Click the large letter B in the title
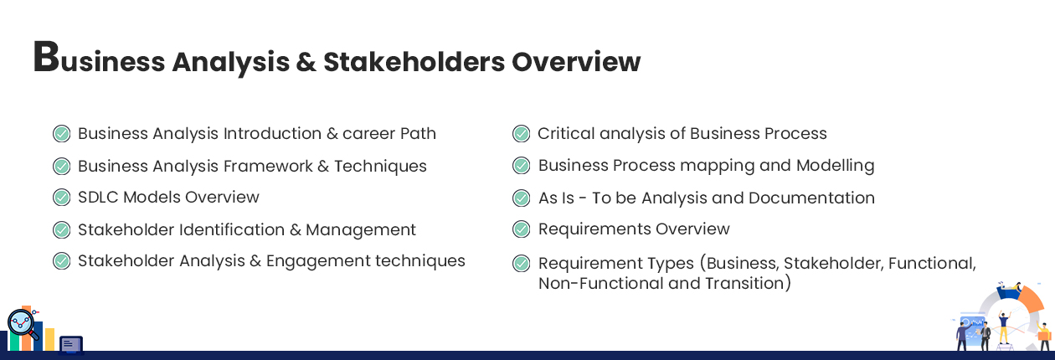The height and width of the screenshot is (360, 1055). tap(46, 57)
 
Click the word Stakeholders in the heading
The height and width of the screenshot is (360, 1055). tap(414, 62)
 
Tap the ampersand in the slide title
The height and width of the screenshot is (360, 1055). tap(306, 62)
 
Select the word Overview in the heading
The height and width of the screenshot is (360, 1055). tap(576, 62)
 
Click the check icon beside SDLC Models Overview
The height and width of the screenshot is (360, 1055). tap(61, 198)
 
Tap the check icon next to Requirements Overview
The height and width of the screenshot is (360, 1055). tap(521, 229)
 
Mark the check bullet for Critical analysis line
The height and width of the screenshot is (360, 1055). tap(521, 134)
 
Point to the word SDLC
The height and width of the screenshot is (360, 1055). tap(98, 197)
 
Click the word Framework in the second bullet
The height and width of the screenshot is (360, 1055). tap(268, 166)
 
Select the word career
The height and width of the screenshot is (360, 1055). tap(368, 134)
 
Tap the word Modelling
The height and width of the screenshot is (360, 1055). tap(835, 166)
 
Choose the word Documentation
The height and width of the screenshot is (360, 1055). tap(811, 198)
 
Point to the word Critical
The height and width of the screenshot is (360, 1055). tap(566, 133)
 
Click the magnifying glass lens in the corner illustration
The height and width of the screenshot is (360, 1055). tap(21, 323)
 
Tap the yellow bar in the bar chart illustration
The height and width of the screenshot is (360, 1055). tap(49, 339)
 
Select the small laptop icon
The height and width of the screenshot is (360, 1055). tap(71, 345)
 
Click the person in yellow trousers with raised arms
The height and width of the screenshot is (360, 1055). tap(1003, 328)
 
